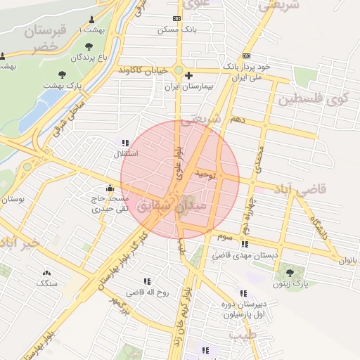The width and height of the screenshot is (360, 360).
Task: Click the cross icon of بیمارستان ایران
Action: point(189,75)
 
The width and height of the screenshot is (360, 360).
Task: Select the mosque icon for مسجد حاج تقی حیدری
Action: point(110,188)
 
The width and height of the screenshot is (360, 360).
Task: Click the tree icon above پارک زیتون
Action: point(290,272)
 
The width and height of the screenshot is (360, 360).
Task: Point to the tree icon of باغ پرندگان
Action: point(88,46)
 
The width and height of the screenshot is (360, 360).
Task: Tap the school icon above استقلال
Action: point(125,143)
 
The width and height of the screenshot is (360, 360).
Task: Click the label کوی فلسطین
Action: point(313,99)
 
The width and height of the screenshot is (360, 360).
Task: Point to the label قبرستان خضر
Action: point(48,39)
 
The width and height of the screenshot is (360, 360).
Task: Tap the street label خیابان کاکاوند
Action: point(145,70)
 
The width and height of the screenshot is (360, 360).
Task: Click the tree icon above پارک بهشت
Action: point(63,73)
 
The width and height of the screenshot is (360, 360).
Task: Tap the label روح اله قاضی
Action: point(147,291)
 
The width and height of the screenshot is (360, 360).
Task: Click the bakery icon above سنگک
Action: point(47,273)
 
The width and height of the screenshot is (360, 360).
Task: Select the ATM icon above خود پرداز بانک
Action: point(245,56)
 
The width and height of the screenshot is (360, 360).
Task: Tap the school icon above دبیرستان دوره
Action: point(243,293)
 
